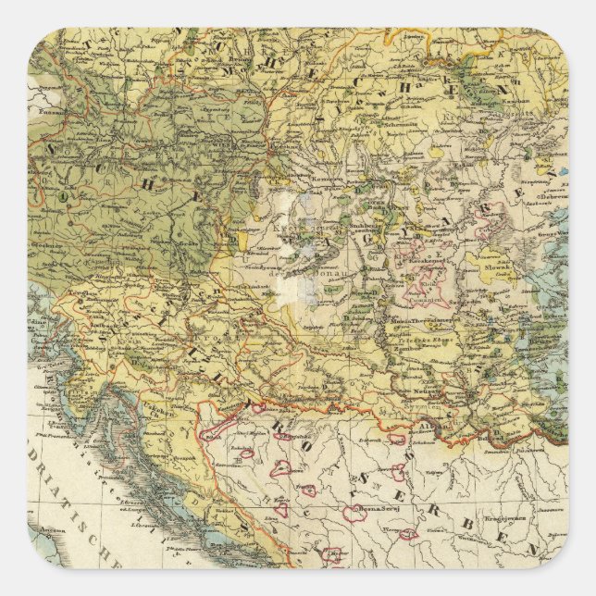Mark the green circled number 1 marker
63,196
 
